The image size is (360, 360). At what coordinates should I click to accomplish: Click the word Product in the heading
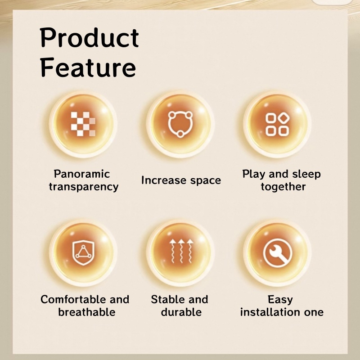(89, 38)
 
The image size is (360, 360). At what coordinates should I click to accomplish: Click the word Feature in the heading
(88, 67)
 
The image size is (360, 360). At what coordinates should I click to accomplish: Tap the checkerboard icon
(83, 124)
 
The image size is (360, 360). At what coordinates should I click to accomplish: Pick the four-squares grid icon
(277, 125)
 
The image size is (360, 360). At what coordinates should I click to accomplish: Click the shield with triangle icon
(83, 253)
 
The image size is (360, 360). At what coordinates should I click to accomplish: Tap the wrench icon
(278, 253)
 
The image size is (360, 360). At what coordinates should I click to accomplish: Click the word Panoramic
(82, 174)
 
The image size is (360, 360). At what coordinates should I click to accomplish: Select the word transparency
(84, 187)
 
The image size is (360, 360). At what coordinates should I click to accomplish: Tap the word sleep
(306, 174)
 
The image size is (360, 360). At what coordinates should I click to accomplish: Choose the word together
(283, 187)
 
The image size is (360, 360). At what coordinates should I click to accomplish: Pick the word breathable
(86, 312)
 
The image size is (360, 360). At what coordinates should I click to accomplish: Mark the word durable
(181, 312)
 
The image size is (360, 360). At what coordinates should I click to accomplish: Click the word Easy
(280, 300)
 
